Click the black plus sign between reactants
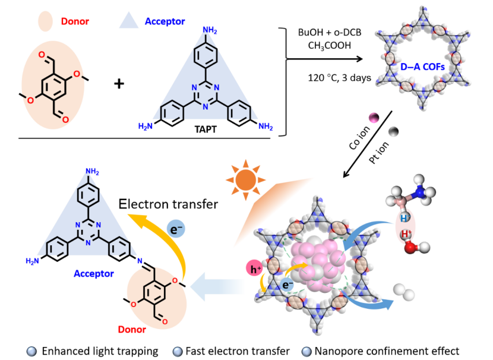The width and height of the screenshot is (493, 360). (119, 83)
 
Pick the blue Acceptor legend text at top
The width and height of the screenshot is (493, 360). (165, 22)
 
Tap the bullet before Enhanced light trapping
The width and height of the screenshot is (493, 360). (32, 350)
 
